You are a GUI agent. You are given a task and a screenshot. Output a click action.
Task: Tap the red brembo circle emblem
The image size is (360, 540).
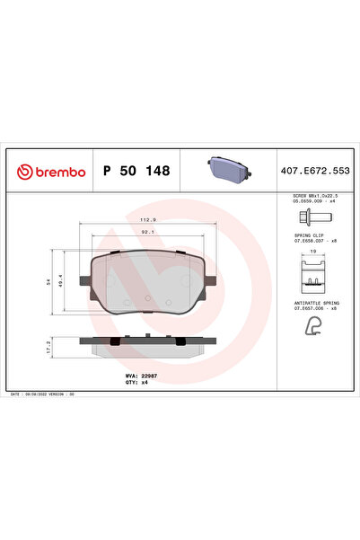[23, 171]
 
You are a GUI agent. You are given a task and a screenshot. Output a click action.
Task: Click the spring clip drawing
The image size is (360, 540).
[312, 273]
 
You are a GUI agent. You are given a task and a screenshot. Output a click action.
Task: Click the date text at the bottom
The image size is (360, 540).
[46, 394]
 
